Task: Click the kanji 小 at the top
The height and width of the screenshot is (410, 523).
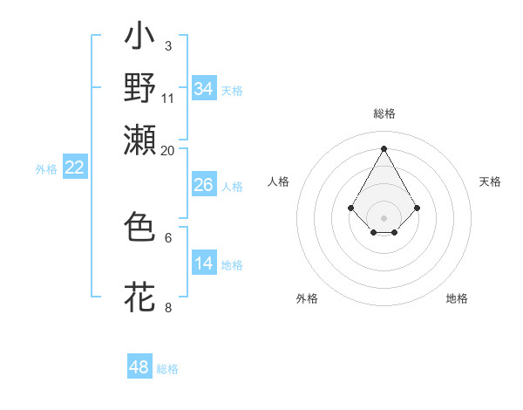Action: pyautogui.click(x=140, y=39)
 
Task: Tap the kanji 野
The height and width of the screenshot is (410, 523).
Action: pyautogui.click(x=140, y=88)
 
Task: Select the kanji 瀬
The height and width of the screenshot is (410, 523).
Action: pyautogui.click(x=140, y=139)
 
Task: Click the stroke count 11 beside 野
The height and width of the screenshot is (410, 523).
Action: pyautogui.click(x=168, y=97)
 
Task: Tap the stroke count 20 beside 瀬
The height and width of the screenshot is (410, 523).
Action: pyautogui.click(x=168, y=150)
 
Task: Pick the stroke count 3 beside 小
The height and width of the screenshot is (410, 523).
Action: pyautogui.click(x=167, y=44)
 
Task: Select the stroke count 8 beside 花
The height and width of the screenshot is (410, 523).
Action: pyautogui.click(x=167, y=307)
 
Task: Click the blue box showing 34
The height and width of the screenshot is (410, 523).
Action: pyautogui.click(x=203, y=89)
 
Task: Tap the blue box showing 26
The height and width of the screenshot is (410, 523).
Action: pyautogui.click(x=203, y=185)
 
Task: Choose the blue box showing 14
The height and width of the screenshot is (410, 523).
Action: pyautogui.click(x=203, y=263)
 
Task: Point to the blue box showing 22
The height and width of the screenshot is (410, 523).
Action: pyautogui.click(x=74, y=168)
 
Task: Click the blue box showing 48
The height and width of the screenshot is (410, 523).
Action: pyautogui.click(x=139, y=367)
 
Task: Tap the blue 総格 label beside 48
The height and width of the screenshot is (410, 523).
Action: pyautogui.click(x=167, y=369)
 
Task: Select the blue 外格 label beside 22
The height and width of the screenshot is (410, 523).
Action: pyautogui.click(x=46, y=169)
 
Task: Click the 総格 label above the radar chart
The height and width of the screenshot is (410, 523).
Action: pyautogui.click(x=384, y=114)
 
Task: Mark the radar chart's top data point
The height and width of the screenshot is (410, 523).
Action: pyautogui.click(x=384, y=147)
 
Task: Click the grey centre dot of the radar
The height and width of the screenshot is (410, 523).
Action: pyautogui.click(x=384, y=217)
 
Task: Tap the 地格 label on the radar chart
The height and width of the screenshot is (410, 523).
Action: pyautogui.click(x=457, y=298)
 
